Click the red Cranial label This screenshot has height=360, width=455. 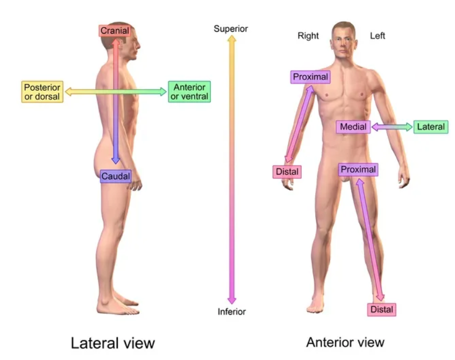pos(115,31)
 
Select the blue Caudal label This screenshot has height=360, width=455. pos(115,176)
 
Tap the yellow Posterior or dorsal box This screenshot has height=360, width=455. pos(42,91)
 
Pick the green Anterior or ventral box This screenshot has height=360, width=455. pos(189,91)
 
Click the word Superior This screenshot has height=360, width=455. pos(231,28)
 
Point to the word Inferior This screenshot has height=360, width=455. pos(232,312)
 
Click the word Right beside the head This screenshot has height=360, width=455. pos(308,36)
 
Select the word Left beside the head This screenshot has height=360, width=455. pos(378,36)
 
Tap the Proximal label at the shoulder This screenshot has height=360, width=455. pos(310,77)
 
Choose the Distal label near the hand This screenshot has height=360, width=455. pos(287,171)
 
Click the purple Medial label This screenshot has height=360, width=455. pos(353,127)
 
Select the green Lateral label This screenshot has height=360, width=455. pos(431,127)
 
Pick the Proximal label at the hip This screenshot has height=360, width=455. pos(358,170)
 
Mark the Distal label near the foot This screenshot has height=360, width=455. pos(382,309)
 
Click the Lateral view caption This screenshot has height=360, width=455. pos(113,343)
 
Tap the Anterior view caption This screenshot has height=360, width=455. pos(345,342)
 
